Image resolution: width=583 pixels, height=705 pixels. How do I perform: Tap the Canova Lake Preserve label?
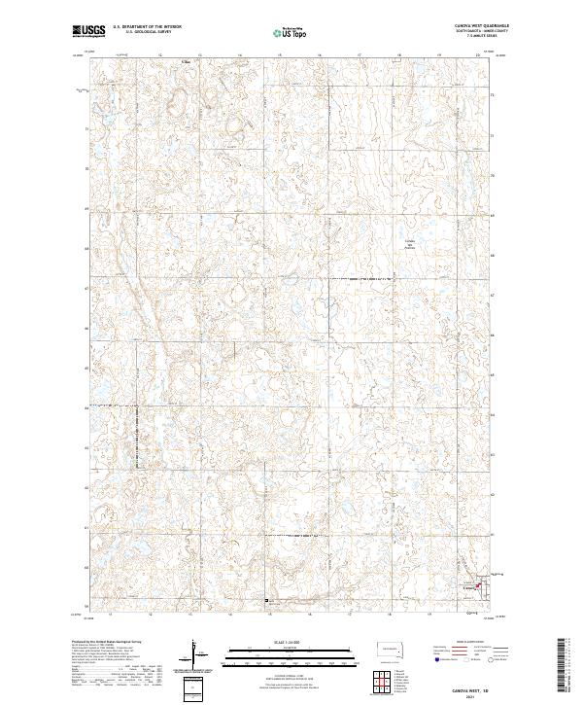410,245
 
